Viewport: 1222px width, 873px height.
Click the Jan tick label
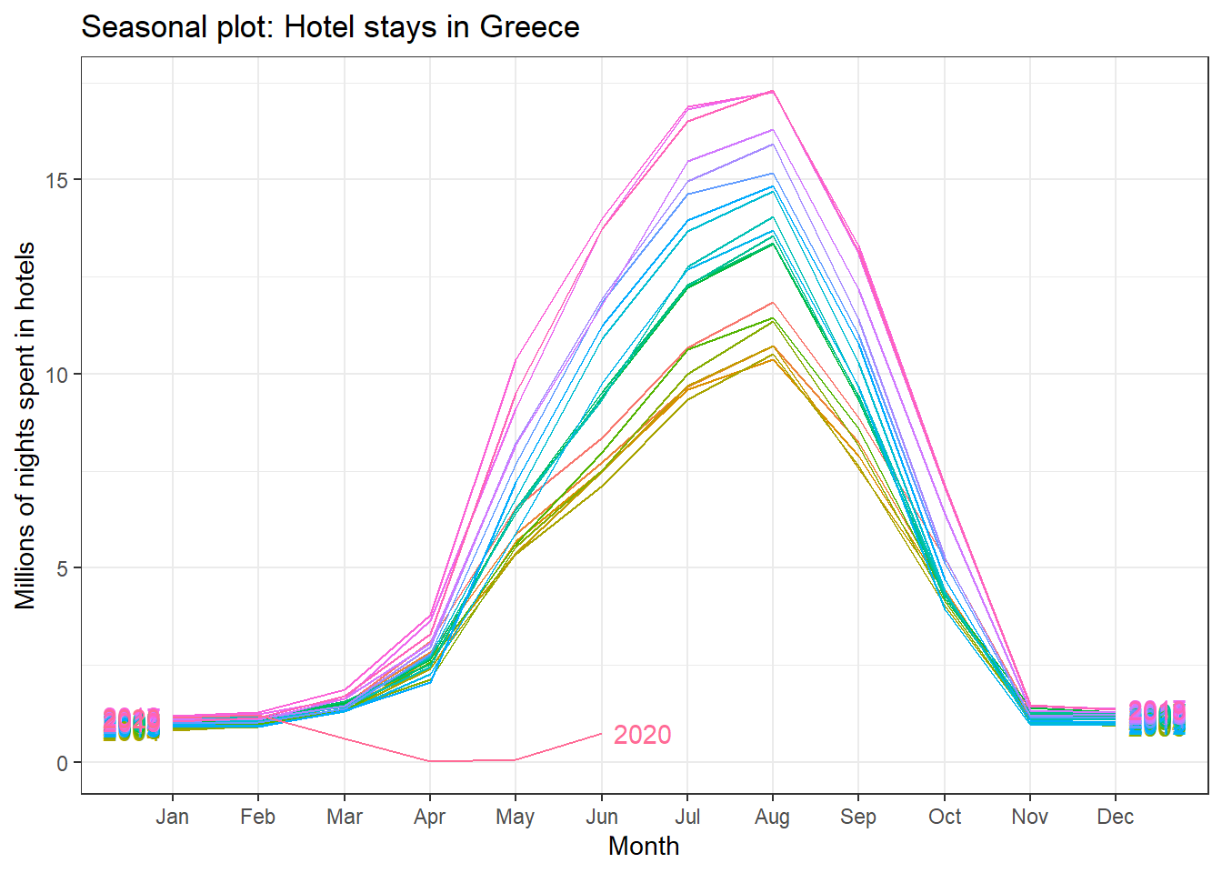pyautogui.click(x=172, y=817)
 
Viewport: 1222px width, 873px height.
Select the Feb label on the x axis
pyautogui.click(x=257, y=817)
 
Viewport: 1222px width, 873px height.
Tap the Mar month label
pyautogui.click(x=344, y=817)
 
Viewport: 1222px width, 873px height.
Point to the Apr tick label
pyautogui.click(x=429, y=817)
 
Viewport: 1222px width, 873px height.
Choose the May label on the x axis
pyautogui.click(x=515, y=818)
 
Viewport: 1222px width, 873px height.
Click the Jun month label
pyautogui.click(x=601, y=817)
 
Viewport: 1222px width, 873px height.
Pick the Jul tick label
pyautogui.click(x=686, y=817)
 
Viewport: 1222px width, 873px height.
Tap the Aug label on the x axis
pyautogui.click(x=772, y=818)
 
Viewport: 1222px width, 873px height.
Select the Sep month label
pyautogui.click(x=858, y=818)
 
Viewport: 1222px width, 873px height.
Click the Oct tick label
pyautogui.click(x=944, y=817)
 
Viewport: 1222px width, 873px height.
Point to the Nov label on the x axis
pyautogui.click(x=1029, y=817)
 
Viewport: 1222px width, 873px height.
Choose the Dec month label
pyautogui.click(x=1115, y=817)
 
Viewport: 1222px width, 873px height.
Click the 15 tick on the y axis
pyautogui.click(x=56, y=180)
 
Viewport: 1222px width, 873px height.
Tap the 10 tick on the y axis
pyautogui.click(x=56, y=375)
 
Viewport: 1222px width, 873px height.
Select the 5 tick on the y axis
pyautogui.click(x=62, y=568)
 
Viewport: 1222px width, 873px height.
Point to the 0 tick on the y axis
pyautogui.click(x=62, y=763)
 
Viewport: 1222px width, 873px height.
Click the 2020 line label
pyautogui.click(x=642, y=735)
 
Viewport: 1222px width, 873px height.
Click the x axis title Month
pyautogui.click(x=644, y=847)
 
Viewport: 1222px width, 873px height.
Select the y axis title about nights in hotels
pyautogui.click(x=25, y=426)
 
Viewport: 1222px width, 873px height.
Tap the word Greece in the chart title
pyautogui.click(x=529, y=27)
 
